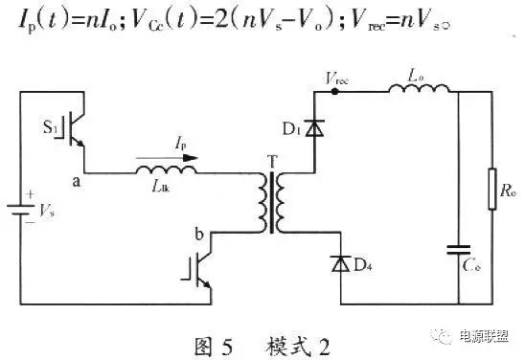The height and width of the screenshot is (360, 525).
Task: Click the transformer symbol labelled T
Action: click(x=271, y=204)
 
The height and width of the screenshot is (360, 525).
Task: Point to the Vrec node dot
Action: click(x=334, y=93)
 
